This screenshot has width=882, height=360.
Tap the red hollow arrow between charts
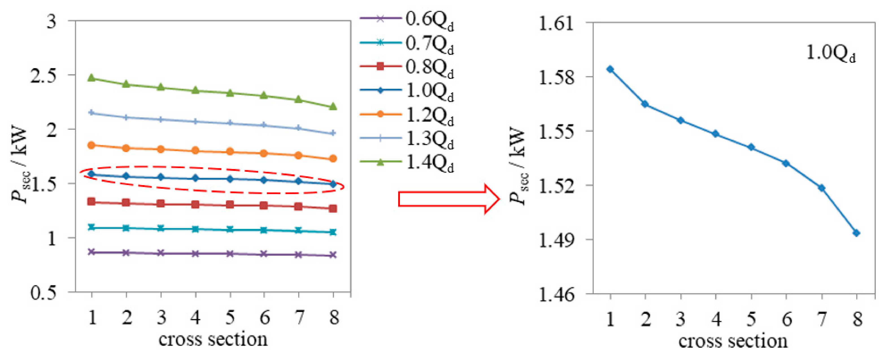[x=449, y=199]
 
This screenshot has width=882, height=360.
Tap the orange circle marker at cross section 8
[x=333, y=159]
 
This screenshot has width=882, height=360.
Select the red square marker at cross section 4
[x=195, y=205]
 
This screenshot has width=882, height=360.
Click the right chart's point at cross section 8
[x=856, y=233]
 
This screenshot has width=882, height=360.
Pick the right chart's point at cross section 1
[x=610, y=69]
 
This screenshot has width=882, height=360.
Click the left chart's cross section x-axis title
[x=213, y=339]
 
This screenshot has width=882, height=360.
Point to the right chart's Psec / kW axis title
[x=517, y=166]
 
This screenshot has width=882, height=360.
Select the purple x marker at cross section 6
[x=264, y=254]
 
